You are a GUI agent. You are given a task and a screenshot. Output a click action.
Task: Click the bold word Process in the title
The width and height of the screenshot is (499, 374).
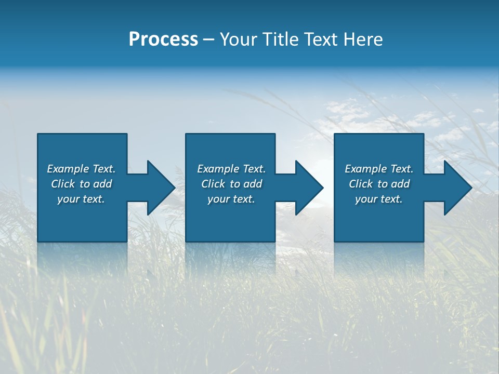coord(163,39)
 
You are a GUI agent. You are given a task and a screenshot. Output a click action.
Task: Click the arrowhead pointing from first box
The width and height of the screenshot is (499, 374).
coord(159,188)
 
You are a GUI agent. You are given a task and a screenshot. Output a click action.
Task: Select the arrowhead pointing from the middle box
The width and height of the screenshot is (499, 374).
coord(307,188)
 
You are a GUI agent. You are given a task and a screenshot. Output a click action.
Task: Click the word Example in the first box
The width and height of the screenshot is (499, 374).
coord(68,169)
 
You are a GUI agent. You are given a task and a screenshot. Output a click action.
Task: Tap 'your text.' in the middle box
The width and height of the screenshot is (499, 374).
coord(231,199)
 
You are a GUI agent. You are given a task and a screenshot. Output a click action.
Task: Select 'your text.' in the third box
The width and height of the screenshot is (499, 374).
coord(378,199)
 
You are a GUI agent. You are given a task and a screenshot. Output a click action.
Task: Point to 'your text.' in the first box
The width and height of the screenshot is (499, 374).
coord(81,199)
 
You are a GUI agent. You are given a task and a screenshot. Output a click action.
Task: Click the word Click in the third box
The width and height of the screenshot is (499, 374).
coord(361,184)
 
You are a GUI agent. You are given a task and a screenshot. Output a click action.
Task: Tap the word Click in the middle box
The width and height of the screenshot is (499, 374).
coord(213,184)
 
